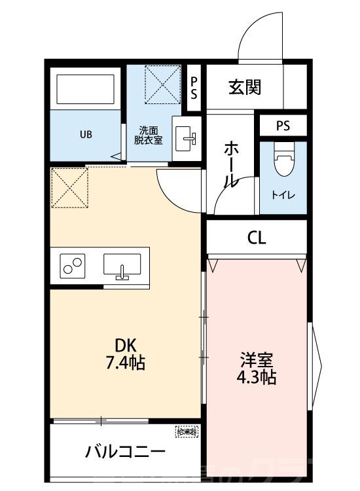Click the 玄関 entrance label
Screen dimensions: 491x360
[245, 87]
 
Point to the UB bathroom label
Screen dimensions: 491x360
[86, 136]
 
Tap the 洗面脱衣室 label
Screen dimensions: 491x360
[149, 135]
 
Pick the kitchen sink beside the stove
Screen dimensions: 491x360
[121, 266]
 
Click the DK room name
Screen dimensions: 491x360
[126, 345]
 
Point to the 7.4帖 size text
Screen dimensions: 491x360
[126, 361]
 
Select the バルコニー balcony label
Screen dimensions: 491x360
[124, 452]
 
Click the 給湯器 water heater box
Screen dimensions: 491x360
[187, 432]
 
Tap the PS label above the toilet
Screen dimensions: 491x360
[283, 126]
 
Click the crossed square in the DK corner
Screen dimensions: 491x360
[69, 187]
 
